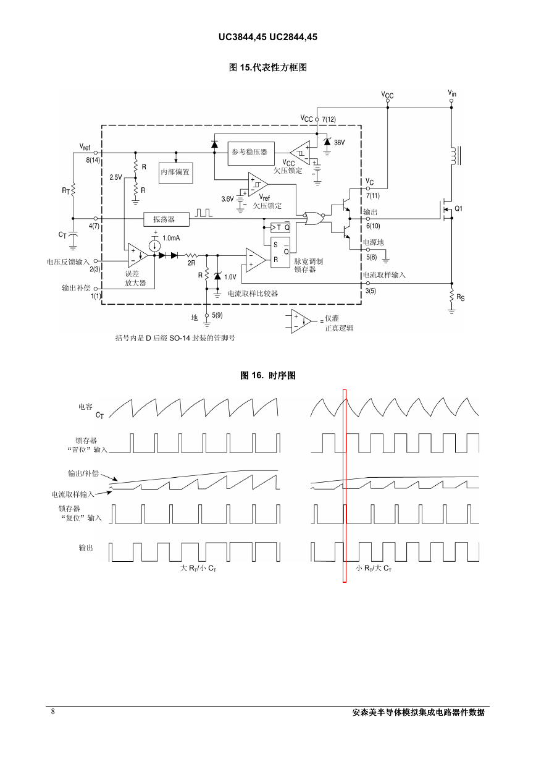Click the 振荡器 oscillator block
[166, 219]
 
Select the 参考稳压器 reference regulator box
[251, 153]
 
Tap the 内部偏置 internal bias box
[176, 173]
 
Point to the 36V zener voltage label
[339, 143]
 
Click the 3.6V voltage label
[227, 199]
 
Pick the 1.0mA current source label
[171, 238]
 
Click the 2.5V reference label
[115, 177]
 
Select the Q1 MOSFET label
[458, 208]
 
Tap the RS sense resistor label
[461, 297]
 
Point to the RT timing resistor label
[65, 191]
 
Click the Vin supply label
[452, 93]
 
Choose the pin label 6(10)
[373, 226]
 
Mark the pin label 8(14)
[93, 160]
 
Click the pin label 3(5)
[371, 290]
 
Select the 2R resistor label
[191, 263]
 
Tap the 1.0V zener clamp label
[230, 277]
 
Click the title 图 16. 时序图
[268, 375]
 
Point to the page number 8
[53, 711]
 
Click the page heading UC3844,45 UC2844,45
[268, 37]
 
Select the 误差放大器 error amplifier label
[135, 278]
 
